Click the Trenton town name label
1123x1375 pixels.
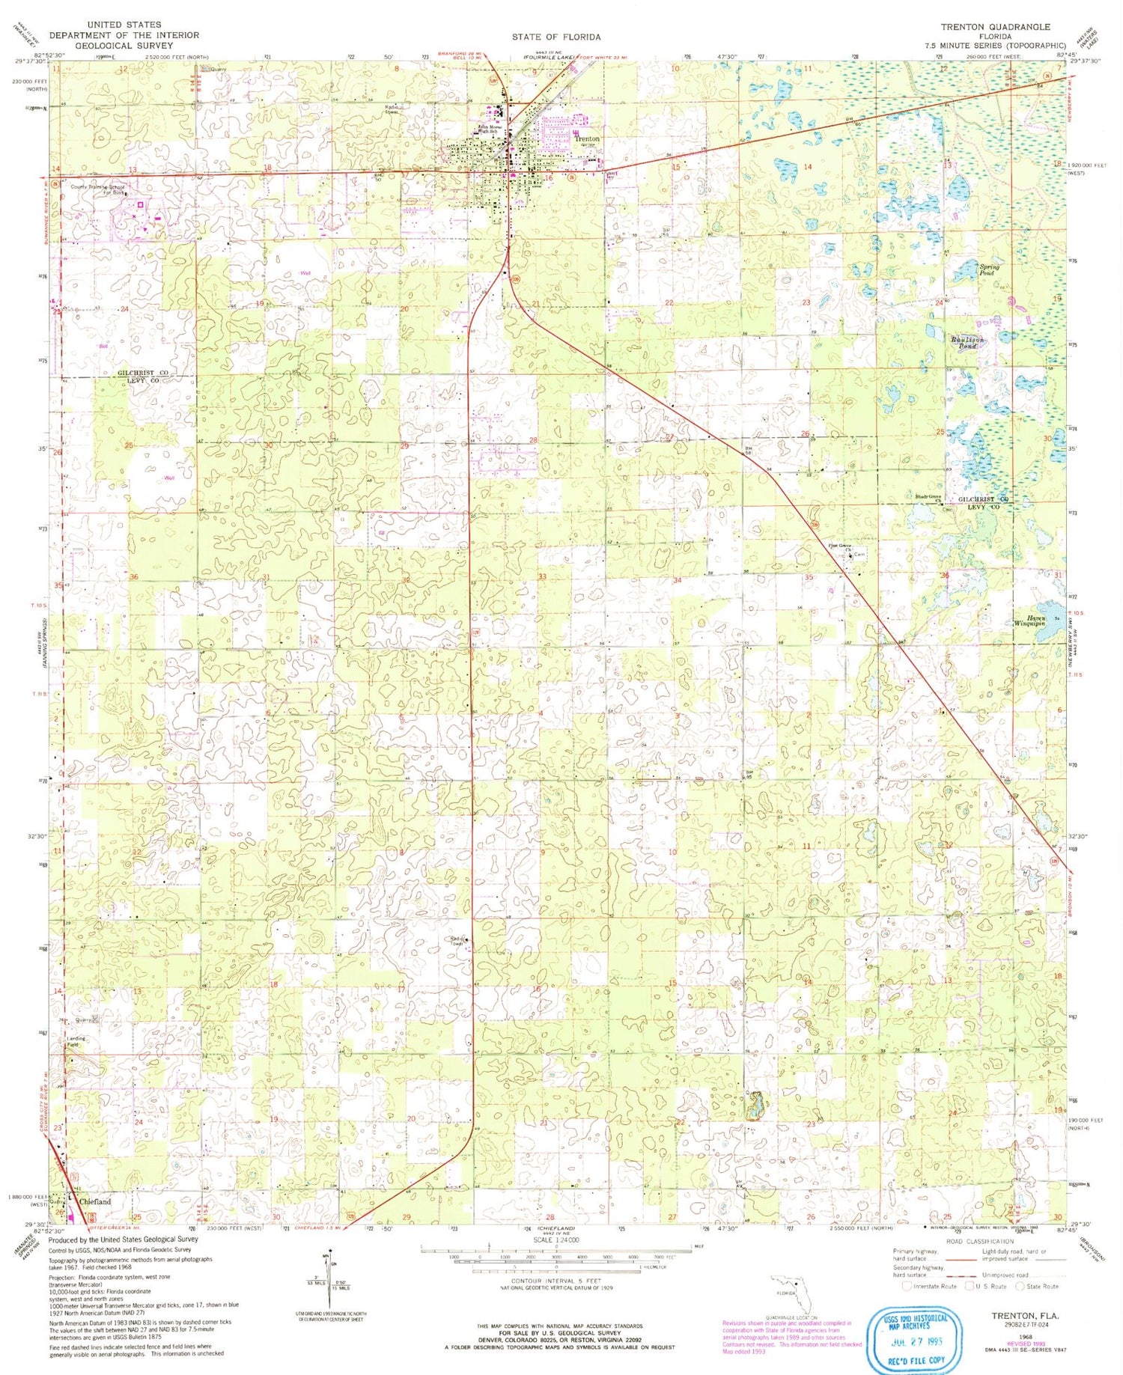[587, 139]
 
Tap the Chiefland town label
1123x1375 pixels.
[95, 1201]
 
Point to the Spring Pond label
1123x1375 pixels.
[989, 270]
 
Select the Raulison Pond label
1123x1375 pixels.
[967, 343]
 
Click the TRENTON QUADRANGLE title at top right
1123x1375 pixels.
[996, 26]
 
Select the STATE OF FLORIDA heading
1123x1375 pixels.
[556, 37]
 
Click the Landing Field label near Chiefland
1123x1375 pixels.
[76, 1042]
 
